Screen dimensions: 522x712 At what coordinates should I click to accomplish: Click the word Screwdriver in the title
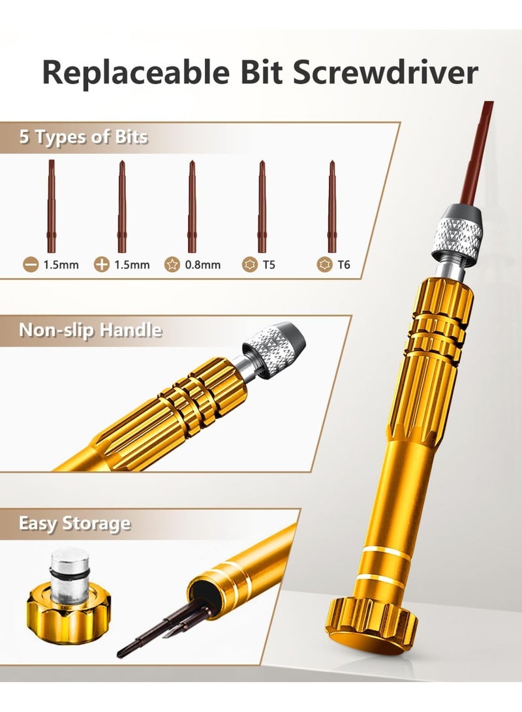(385, 72)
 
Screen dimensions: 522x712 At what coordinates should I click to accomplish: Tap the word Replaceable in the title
(135, 72)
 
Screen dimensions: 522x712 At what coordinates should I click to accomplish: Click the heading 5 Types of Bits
(84, 136)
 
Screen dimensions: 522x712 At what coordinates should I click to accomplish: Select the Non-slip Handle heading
(90, 330)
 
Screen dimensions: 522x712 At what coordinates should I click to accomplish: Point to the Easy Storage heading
(74, 523)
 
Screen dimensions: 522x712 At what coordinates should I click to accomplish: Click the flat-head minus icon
(31, 264)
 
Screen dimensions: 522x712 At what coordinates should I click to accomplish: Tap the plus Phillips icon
(101, 264)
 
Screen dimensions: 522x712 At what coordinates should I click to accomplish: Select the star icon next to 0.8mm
(172, 264)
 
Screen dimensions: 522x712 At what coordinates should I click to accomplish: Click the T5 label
(269, 265)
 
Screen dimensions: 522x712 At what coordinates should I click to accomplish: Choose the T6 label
(344, 265)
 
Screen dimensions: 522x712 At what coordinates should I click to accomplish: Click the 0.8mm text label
(202, 265)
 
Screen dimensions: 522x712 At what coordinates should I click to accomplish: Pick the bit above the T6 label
(332, 207)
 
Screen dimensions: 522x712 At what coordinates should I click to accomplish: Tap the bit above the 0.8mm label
(192, 207)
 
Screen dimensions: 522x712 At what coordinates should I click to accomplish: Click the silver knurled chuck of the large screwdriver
(460, 231)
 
